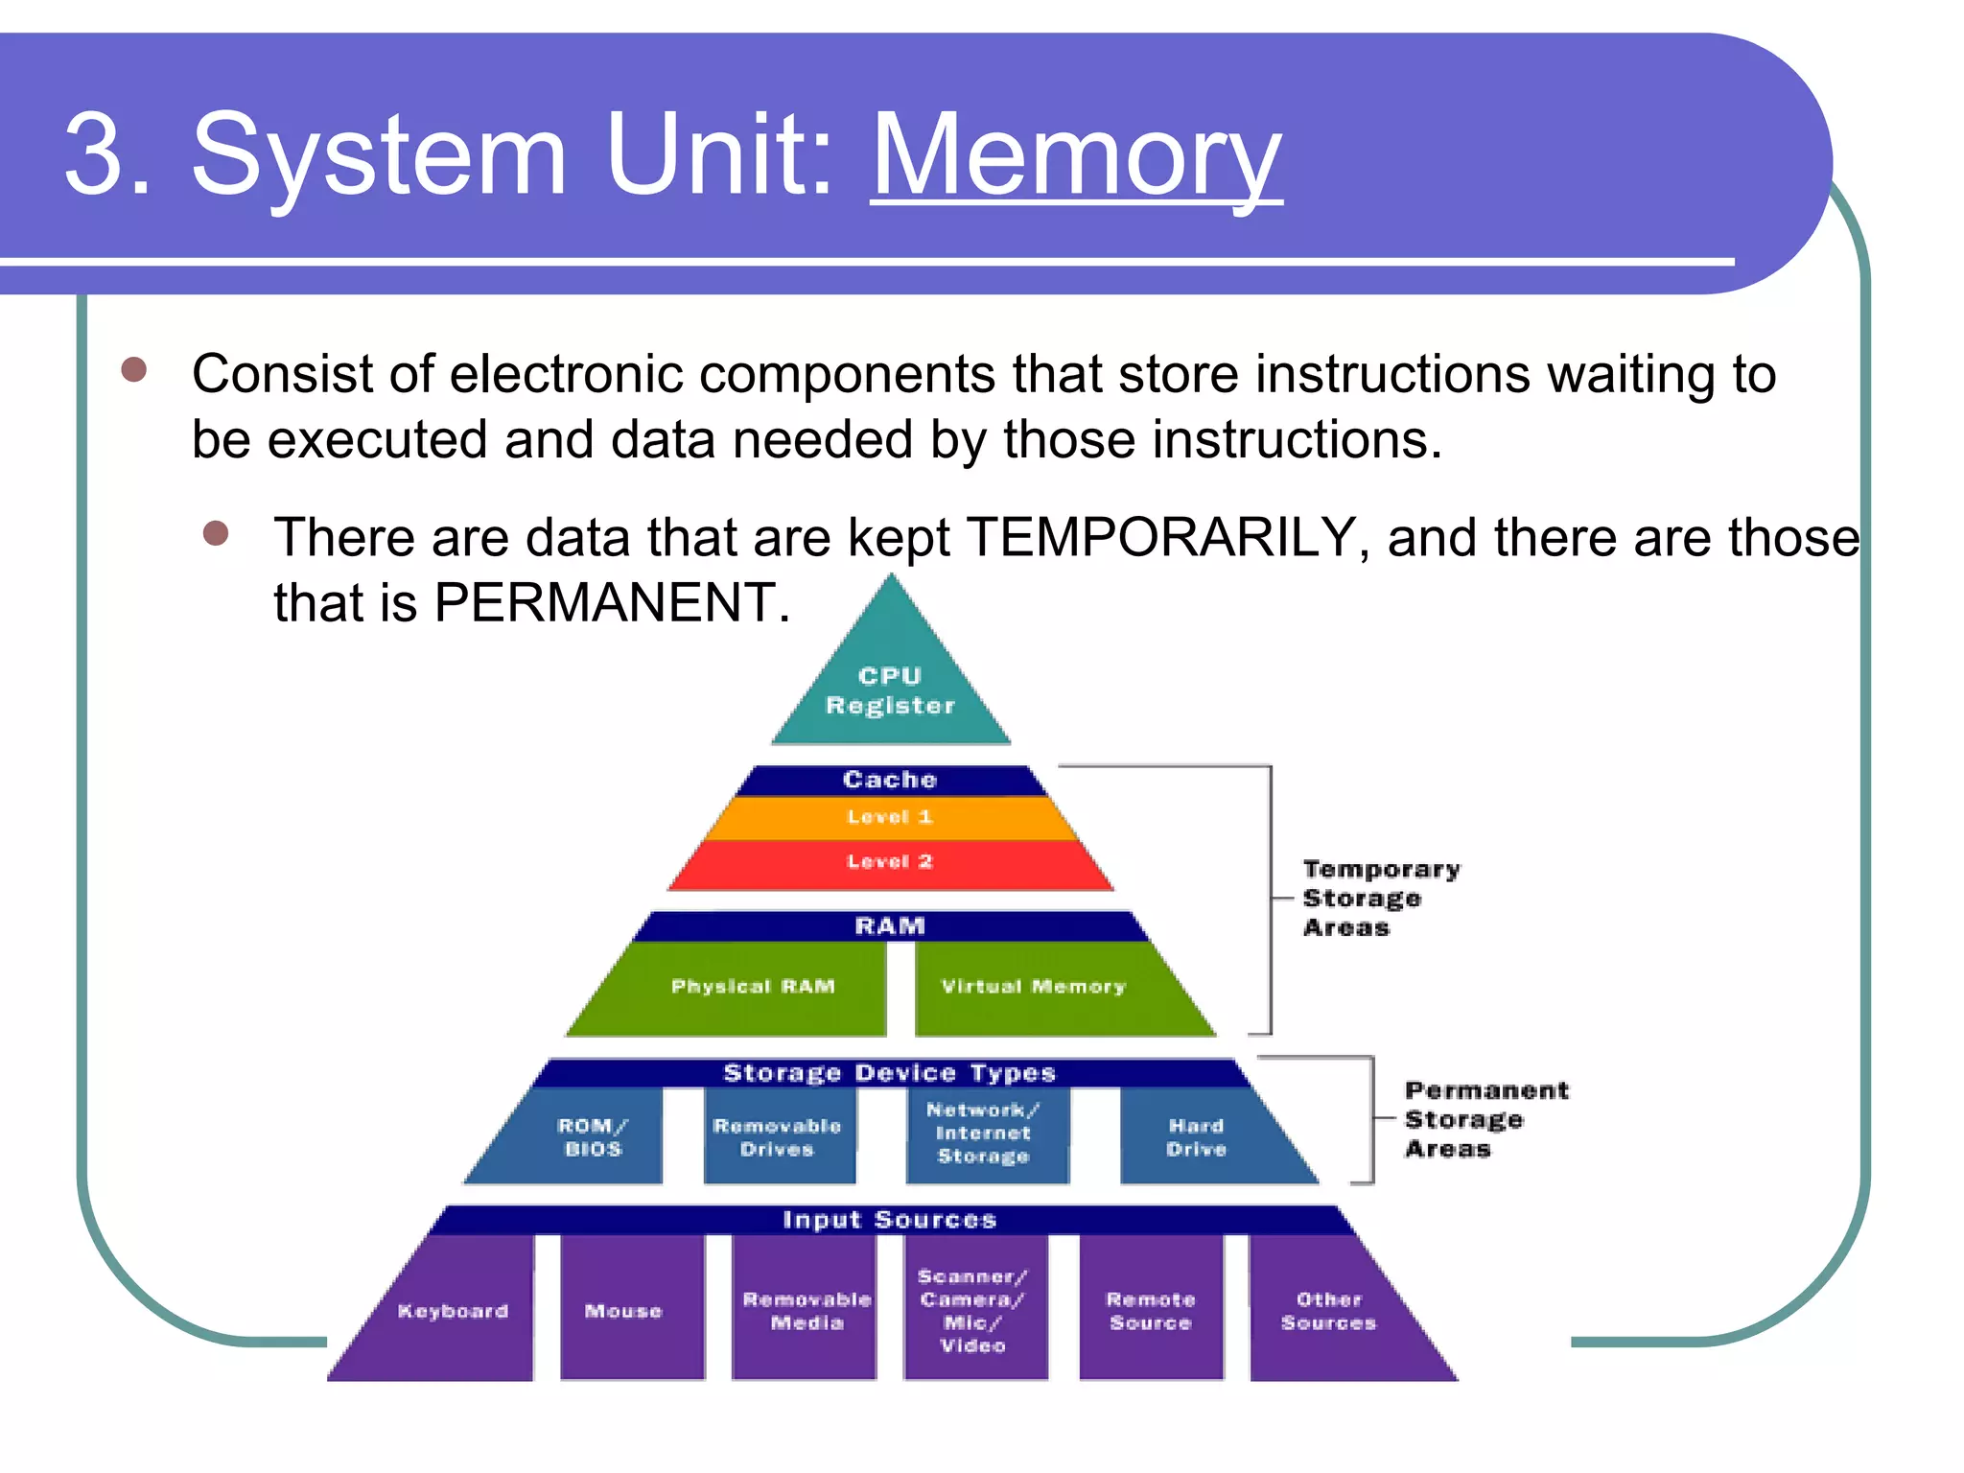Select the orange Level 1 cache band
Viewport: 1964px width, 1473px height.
890,817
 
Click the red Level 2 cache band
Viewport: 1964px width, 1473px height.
890,861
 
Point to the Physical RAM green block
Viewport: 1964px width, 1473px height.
753,987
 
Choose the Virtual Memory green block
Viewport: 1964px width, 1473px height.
1033,987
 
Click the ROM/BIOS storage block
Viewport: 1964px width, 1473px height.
593,1137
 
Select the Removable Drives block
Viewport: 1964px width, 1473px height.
777,1137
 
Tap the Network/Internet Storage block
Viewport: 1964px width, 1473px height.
984,1134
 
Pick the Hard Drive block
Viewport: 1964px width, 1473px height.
1196,1137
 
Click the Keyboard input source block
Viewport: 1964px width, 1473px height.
453,1311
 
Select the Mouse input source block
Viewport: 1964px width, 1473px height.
623,1311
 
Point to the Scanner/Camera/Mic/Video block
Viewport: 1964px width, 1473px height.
972,1311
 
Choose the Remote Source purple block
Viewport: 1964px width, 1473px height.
1150,1311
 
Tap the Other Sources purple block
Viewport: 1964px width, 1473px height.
1328,1311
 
